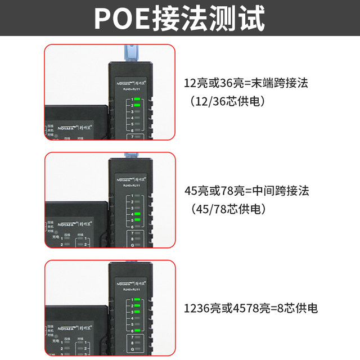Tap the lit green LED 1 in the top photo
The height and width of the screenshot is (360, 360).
(137, 99)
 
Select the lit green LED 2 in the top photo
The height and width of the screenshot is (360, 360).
(137, 105)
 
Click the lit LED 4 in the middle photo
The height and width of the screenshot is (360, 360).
(137, 214)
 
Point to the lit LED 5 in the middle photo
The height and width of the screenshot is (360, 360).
(137, 220)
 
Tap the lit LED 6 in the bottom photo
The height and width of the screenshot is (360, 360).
(137, 331)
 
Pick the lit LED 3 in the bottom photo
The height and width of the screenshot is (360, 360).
(137, 312)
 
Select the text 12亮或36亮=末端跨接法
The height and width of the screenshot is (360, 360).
(246, 84)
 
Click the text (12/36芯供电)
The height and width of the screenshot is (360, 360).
(228, 102)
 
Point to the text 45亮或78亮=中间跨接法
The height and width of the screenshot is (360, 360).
(246, 191)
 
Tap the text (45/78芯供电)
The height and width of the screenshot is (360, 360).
(228, 209)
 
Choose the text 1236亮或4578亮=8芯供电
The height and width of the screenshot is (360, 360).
(251, 308)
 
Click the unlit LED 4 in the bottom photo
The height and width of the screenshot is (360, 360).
(137, 318)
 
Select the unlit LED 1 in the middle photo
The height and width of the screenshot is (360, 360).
(137, 195)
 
